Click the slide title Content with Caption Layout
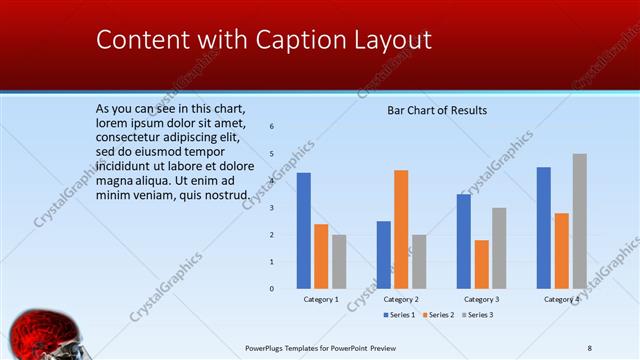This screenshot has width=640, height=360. point(264,40)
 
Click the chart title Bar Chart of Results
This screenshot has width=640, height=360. point(437,110)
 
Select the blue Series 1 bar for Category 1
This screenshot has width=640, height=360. point(303,230)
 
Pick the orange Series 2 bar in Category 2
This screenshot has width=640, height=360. point(400,229)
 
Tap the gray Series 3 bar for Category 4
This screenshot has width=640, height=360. point(579,221)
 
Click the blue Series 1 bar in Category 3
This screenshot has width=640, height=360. point(463,241)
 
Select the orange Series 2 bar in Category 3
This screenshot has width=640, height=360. point(481,264)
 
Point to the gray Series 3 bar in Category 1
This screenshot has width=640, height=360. point(339,261)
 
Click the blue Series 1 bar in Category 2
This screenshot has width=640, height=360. point(383,254)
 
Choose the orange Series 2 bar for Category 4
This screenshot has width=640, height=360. point(561,250)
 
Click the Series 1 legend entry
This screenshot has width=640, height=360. point(401,315)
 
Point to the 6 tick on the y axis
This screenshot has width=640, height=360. point(272,127)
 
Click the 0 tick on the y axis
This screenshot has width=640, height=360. point(272,288)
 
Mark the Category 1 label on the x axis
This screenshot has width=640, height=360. point(321,299)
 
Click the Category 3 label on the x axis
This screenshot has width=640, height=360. point(481,299)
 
